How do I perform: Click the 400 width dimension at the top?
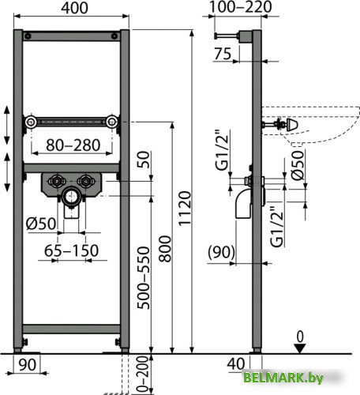(72, 10)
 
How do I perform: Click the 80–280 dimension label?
(72, 145)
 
